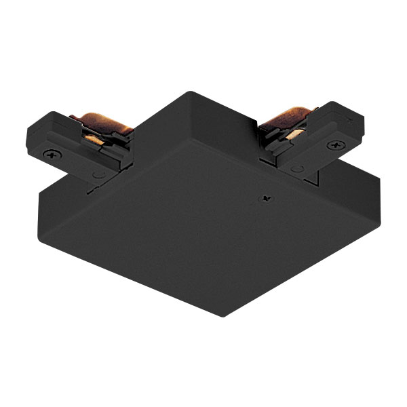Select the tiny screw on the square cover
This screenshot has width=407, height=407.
265,199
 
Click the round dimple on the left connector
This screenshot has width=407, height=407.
99,174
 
